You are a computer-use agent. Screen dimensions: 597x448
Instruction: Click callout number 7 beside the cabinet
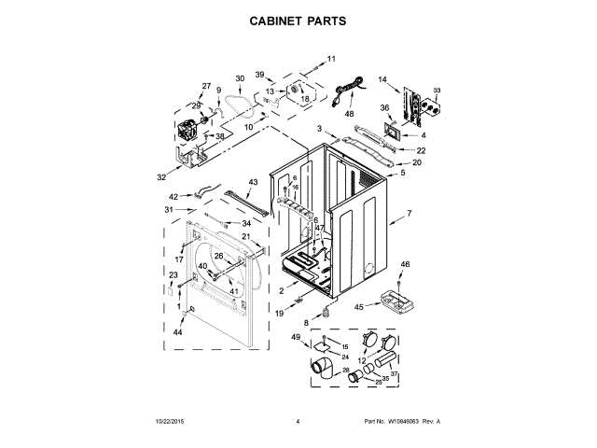point(408,215)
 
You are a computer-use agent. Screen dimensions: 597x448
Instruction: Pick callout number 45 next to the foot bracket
point(359,307)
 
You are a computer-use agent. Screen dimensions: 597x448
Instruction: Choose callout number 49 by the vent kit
point(296,337)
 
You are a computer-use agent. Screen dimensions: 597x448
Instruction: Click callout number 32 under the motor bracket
point(161,175)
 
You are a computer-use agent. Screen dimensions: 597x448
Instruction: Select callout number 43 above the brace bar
point(253,182)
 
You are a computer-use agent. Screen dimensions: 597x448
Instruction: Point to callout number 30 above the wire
point(239,78)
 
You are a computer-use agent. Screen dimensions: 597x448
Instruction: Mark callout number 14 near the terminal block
point(382,79)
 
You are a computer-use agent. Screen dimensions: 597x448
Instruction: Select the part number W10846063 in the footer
point(405,422)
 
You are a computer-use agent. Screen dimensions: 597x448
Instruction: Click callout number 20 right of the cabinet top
point(417,162)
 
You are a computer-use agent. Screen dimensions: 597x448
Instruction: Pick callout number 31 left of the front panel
point(169,210)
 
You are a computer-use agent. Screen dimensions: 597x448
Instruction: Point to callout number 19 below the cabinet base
point(279,314)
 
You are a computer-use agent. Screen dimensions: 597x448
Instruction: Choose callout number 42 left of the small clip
point(173,196)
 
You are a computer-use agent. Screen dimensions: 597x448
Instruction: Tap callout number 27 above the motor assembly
point(206,86)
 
